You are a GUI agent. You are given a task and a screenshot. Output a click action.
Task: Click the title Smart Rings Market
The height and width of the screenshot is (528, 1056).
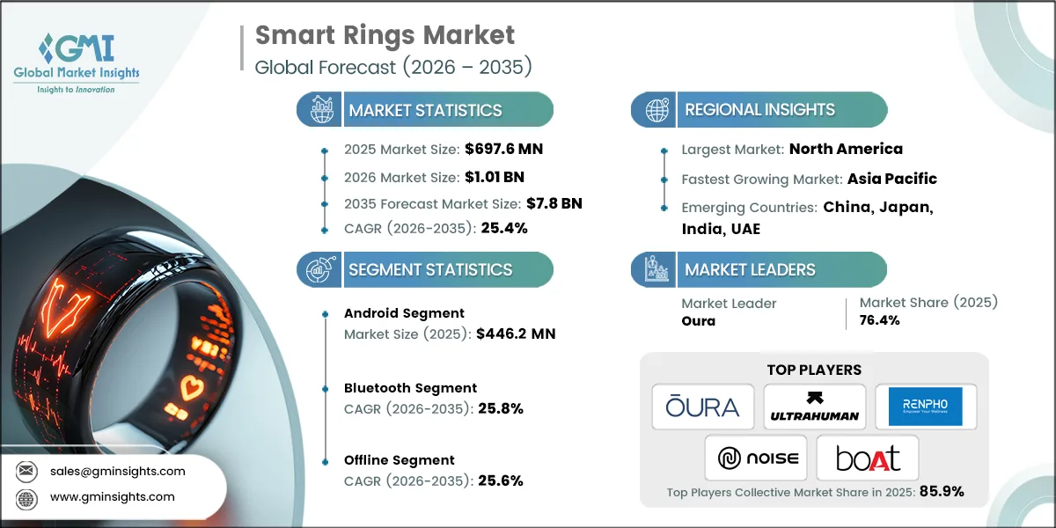pos(385,35)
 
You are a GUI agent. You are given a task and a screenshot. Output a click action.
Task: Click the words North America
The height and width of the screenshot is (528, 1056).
pos(846,149)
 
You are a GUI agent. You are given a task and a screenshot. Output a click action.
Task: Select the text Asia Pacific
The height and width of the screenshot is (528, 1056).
pos(891,179)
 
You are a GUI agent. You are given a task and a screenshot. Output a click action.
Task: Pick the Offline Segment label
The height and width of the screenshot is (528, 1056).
pos(400,459)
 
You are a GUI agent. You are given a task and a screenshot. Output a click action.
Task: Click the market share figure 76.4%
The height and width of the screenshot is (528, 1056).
pos(880,320)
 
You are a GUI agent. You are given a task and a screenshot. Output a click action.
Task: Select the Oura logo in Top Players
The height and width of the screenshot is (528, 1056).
pos(703,406)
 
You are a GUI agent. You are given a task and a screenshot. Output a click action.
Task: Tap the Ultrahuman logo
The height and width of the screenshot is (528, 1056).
pos(814,406)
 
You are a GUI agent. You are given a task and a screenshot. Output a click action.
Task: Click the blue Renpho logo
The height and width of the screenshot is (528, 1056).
pos(925,406)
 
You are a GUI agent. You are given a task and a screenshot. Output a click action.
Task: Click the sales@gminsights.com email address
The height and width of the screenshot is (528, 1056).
pos(118,471)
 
